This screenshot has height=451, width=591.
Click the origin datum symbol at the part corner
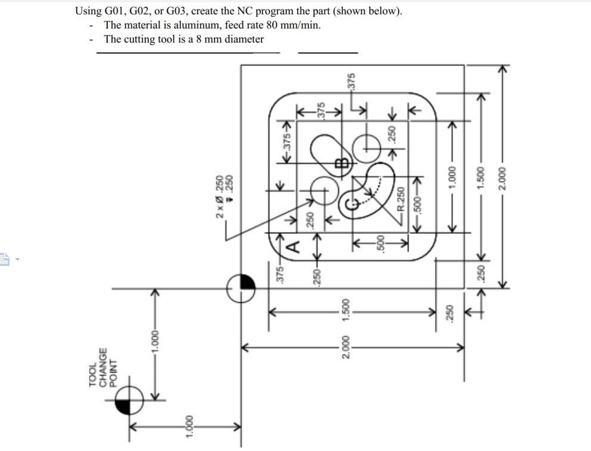click(241, 289)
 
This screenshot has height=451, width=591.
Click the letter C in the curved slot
click(350, 206)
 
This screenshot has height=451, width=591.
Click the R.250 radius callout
click(401, 203)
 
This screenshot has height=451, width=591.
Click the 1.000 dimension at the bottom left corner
click(189, 427)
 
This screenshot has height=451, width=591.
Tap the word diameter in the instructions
click(244, 39)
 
